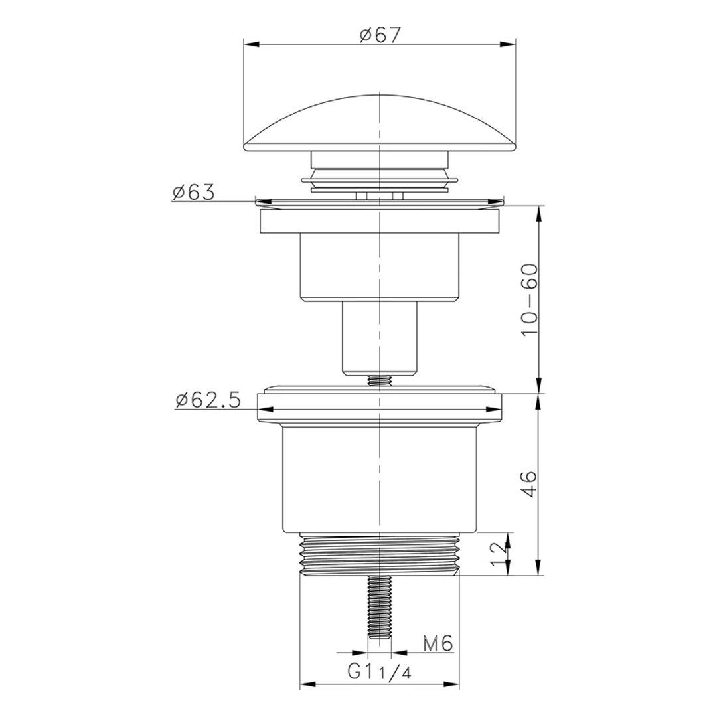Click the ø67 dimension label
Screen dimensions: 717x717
pos(380,35)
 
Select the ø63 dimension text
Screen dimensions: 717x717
pos(193,193)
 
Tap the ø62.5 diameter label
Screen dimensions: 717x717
pos(208,401)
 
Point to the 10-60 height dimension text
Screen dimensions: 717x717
pos(530,299)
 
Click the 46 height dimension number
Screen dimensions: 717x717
pos(530,484)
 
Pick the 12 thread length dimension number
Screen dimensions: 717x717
pos(499,554)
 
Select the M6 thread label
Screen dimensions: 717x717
pos(438,644)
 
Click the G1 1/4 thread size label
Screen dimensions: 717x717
pos(380,672)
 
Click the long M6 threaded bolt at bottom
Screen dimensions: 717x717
pos(380,607)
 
